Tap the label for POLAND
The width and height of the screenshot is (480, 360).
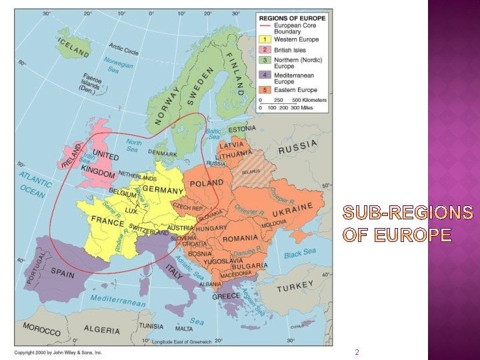(207, 183)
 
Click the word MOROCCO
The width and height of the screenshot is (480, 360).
(41, 329)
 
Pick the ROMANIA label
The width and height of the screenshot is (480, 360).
(241, 238)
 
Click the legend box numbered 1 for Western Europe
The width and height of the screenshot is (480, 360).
(265, 39)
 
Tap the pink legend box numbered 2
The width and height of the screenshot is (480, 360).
(265, 50)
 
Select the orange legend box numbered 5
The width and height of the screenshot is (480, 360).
(265, 89)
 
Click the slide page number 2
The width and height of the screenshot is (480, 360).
(357, 351)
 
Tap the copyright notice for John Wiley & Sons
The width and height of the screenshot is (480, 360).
(59, 352)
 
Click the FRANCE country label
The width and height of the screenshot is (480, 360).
(107, 220)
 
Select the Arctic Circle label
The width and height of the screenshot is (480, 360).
(124, 48)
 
